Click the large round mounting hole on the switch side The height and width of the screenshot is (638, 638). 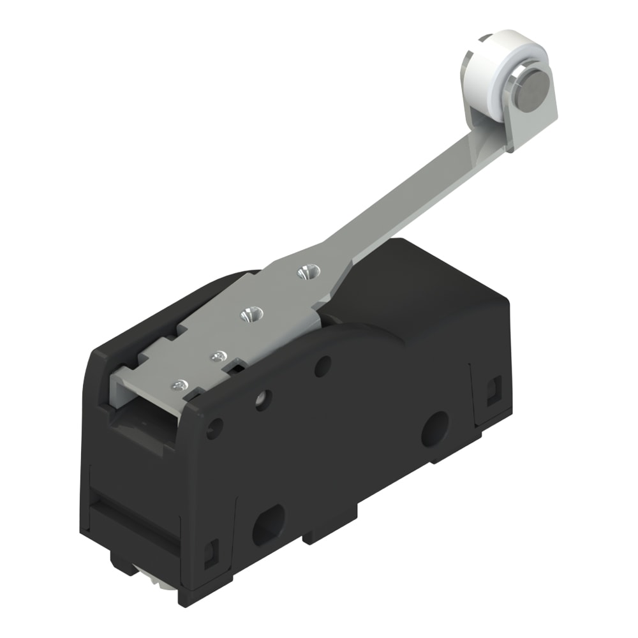pyautogui.click(x=434, y=428)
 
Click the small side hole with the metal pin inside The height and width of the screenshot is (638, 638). pyautogui.click(x=262, y=399)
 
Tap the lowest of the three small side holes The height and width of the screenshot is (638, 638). pyautogui.click(x=215, y=427)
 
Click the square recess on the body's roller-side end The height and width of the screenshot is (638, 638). pyautogui.click(x=493, y=390)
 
